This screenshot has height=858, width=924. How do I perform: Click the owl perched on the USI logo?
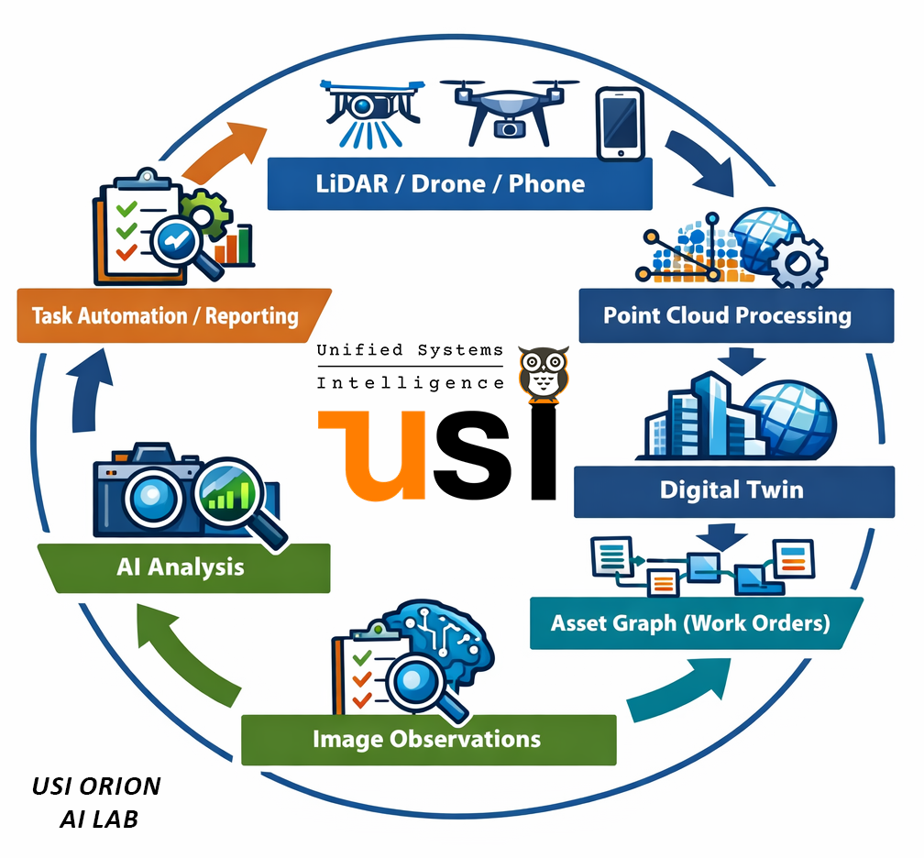click(543, 374)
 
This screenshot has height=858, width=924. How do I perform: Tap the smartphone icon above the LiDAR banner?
click(620, 123)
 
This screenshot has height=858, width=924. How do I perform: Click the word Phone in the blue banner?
click(546, 183)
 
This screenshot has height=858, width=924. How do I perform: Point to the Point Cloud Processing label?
click(727, 316)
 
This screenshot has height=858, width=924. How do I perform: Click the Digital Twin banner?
click(731, 489)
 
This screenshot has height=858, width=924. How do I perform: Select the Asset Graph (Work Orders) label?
click(690, 624)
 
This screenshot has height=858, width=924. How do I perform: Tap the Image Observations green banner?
click(427, 739)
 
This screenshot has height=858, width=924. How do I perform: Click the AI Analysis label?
click(181, 566)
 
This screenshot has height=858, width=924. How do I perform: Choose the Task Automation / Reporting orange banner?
click(165, 317)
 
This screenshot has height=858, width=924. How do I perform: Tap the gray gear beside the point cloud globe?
click(796, 261)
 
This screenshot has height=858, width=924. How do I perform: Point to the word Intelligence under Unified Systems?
click(410, 383)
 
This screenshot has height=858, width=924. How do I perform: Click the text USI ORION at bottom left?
click(96, 786)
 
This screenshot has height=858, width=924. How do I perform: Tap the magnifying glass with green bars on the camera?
click(229, 496)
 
